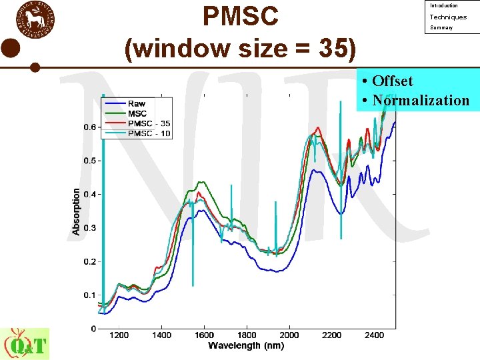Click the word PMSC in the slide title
[x=240, y=17]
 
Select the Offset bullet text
[x=393, y=81]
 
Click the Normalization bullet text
[x=421, y=101]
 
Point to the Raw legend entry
[x=137, y=104]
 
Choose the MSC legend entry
[x=137, y=114]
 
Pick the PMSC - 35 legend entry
[x=149, y=123]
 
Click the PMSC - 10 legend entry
[x=149, y=133]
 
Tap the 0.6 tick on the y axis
[x=89, y=127]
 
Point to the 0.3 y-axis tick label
[x=89, y=228]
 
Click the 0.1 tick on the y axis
[x=89, y=295]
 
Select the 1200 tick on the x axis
[x=119, y=335]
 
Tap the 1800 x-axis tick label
[x=247, y=335]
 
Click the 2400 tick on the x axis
[x=374, y=335]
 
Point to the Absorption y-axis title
[x=77, y=211]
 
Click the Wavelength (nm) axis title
[x=246, y=346]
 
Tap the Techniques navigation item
[x=448, y=17]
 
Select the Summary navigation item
[x=441, y=28]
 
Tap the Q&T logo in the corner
[x=25, y=344]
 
